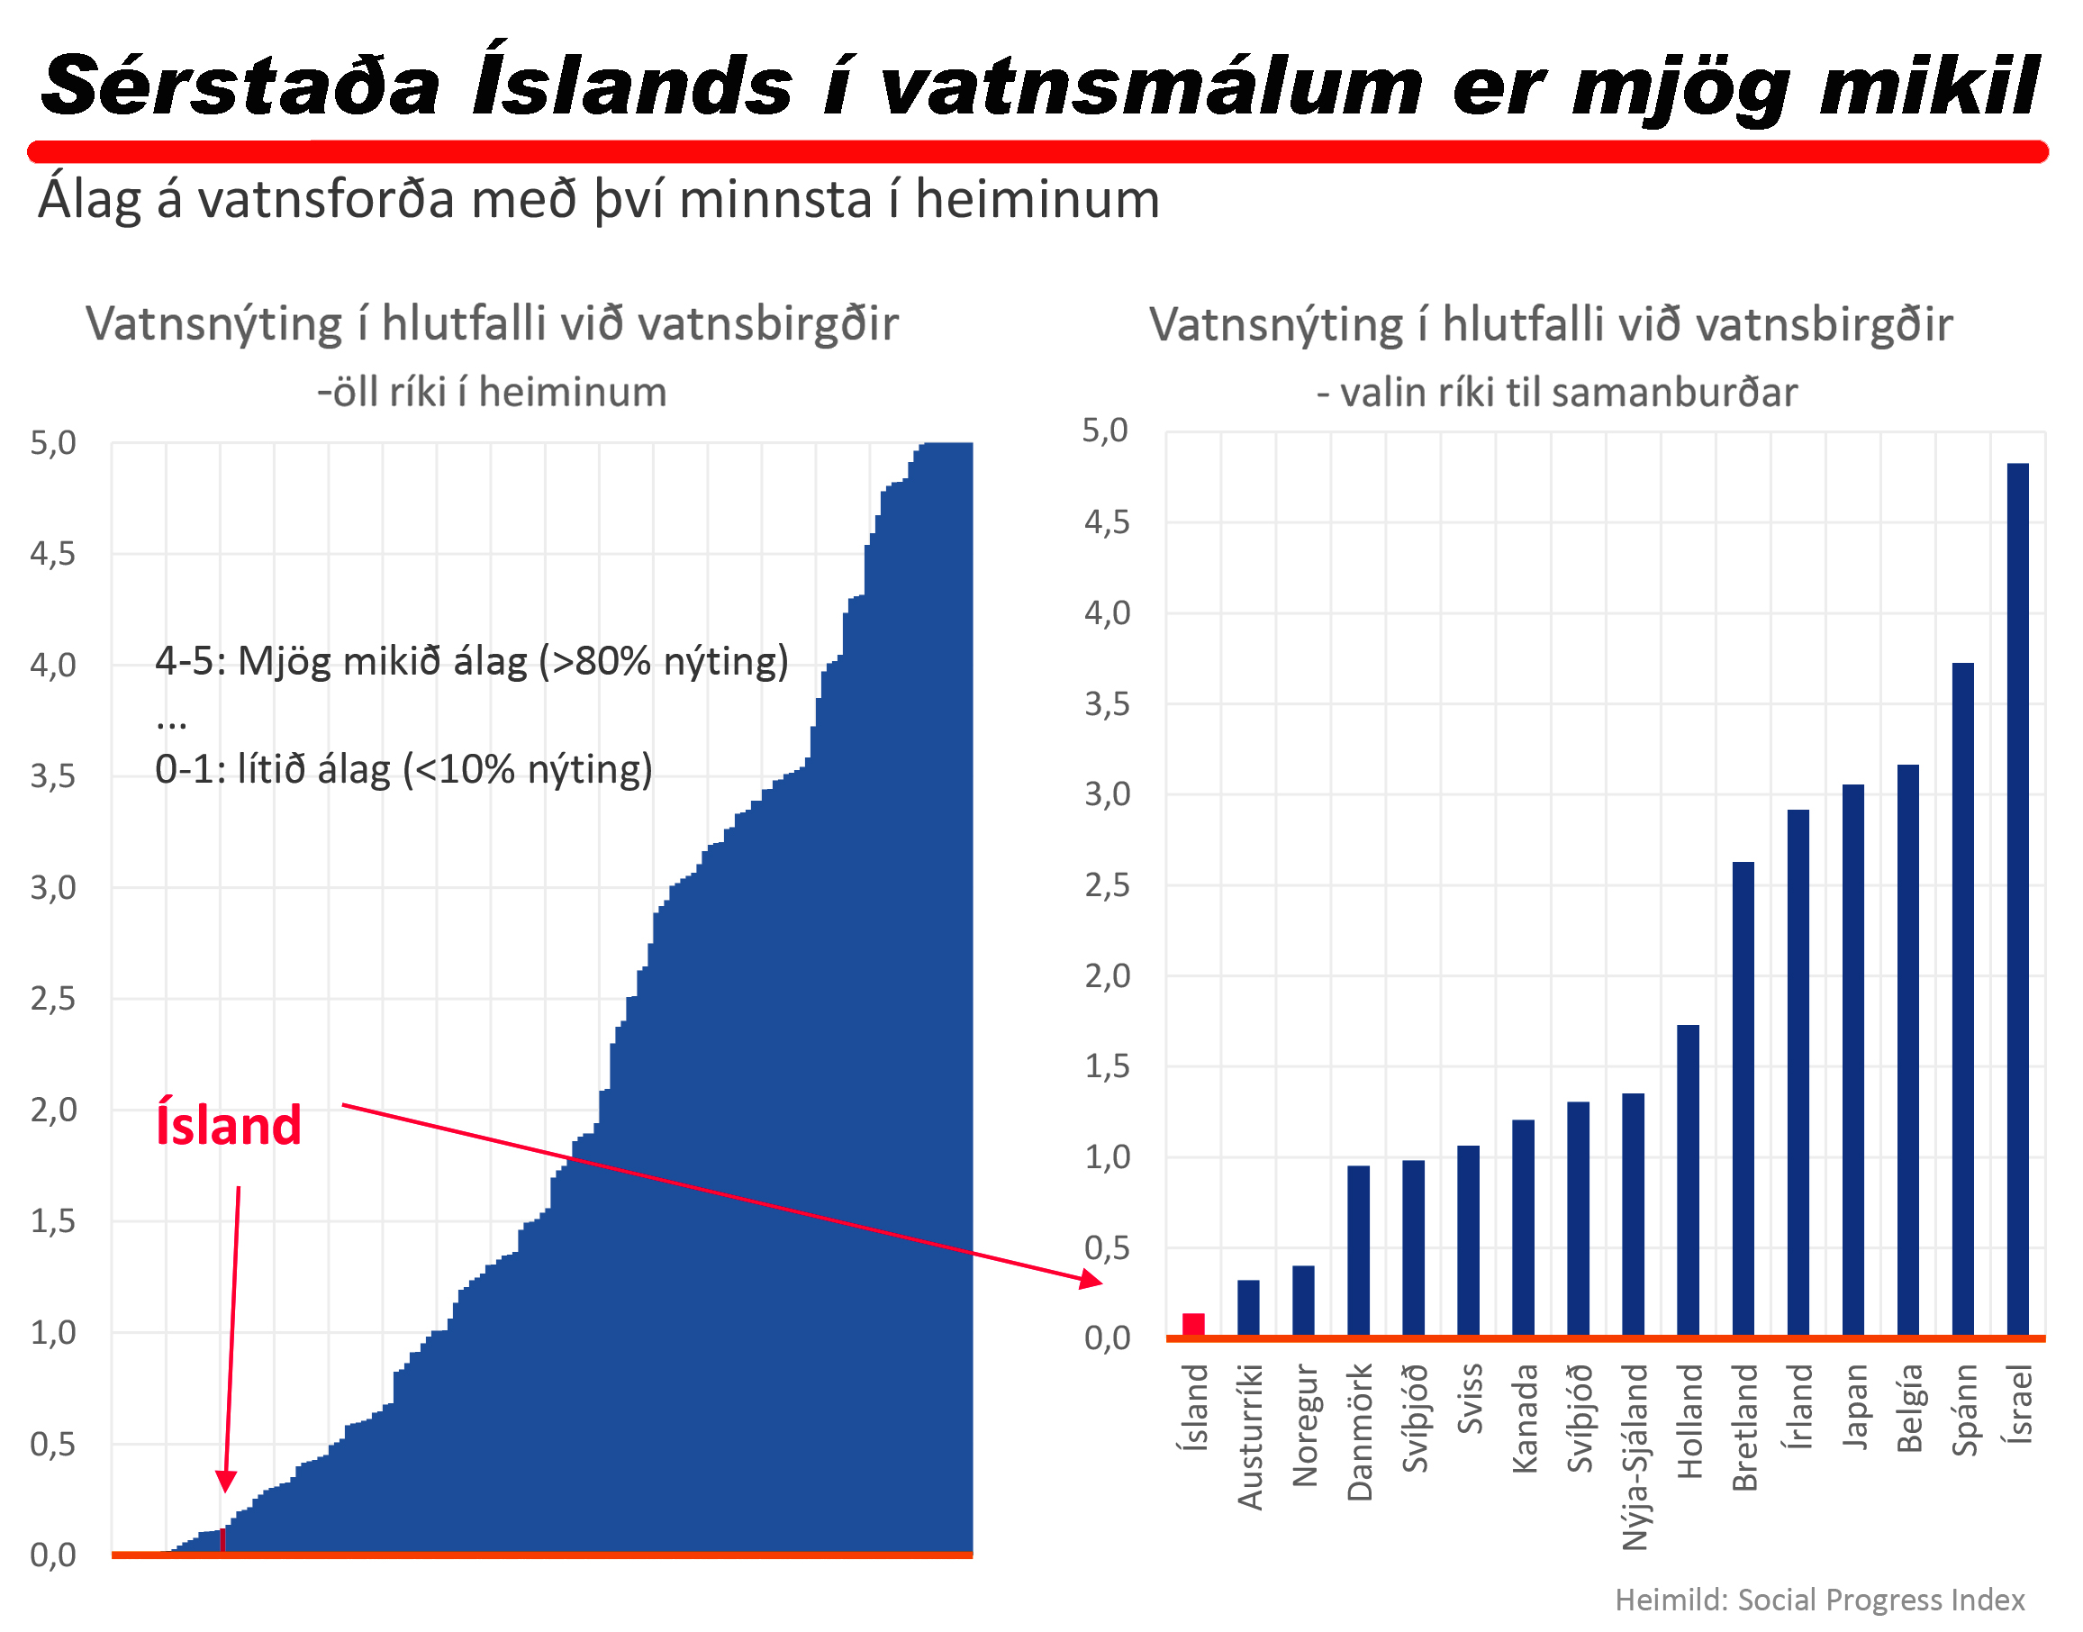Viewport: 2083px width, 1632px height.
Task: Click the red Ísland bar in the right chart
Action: (1193, 1324)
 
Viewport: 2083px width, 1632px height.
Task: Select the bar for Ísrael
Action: (2018, 898)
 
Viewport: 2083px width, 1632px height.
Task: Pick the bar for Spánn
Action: (1962, 999)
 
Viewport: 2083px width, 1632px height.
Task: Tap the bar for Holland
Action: (1689, 1180)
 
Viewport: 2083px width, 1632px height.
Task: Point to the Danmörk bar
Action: (1358, 1250)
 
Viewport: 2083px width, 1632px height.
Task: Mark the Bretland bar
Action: (1743, 1099)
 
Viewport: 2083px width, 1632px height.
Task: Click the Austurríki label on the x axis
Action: (1250, 1437)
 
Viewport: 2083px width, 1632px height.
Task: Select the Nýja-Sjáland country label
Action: (1635, 1456)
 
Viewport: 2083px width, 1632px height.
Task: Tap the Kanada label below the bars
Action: (1525, 1418)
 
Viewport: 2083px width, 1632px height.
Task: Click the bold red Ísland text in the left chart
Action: (229, 1125)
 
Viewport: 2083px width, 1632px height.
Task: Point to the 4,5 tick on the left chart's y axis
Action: (52, 553)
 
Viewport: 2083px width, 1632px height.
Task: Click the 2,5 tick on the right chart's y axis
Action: (1107, 885)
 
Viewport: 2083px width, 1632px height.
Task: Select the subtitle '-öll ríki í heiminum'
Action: (492, 392)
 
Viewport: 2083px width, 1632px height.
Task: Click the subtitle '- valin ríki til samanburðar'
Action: (1556, 393)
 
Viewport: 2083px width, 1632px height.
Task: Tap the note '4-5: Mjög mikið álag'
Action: (471, 660)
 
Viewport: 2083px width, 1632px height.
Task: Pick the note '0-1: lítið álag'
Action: (403, 768)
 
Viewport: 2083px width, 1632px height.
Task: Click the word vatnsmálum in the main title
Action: (1150, 86)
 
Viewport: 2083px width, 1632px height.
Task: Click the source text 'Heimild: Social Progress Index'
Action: (1819, 1600)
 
